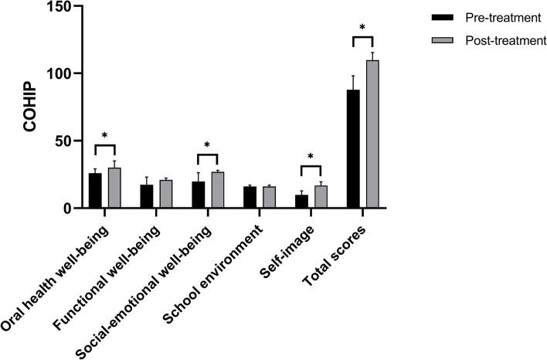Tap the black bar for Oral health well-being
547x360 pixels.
tap(95, 191)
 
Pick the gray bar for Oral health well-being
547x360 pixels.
tap(114, 188)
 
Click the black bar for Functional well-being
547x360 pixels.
tap(146, 197)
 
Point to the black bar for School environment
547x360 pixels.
tap(250, 198)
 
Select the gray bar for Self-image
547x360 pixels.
tap(321, 197)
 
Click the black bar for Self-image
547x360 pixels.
tap(301, 202)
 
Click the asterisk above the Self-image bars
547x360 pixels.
tap(311, 158)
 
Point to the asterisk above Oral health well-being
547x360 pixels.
tap(105, 136)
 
